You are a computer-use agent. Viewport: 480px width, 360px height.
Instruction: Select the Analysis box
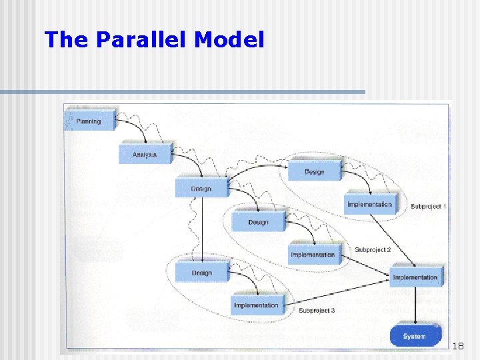click(x=145, y=154)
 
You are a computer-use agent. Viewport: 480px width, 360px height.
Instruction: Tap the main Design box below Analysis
click(x=201, y=188)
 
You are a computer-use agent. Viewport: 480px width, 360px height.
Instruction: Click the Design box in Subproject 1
click(x=314, y=171)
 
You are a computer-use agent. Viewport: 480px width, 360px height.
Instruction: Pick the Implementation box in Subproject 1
click(x=369, y=204)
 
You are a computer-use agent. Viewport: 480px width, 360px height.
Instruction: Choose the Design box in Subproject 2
click(x=258, y=221)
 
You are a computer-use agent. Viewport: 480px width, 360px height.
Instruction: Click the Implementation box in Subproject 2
click(x=313, y=255)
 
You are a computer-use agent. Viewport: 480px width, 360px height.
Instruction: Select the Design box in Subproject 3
click(x=201, y=272)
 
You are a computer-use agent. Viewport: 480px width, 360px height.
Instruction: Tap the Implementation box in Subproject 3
click(x=257, y=305)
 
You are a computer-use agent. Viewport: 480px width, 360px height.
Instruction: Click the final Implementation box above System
click(x=415, y=277)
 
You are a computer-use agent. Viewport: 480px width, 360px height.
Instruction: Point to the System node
click(x=414, y=336)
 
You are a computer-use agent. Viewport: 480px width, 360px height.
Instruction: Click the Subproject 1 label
click(x=428, y=207)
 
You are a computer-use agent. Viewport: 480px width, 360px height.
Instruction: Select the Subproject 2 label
click(x=373, y=250)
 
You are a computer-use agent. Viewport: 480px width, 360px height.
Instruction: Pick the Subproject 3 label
click(x=317, y=311)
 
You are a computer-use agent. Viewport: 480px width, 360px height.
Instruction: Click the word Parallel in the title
click(x=142, y=41)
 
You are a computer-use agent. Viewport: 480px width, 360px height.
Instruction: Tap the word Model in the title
click(x=229, y=41)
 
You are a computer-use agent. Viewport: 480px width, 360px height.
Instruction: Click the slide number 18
click(x=458, y=346)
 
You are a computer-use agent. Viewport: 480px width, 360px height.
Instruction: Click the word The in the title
click(x=67, y=41)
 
